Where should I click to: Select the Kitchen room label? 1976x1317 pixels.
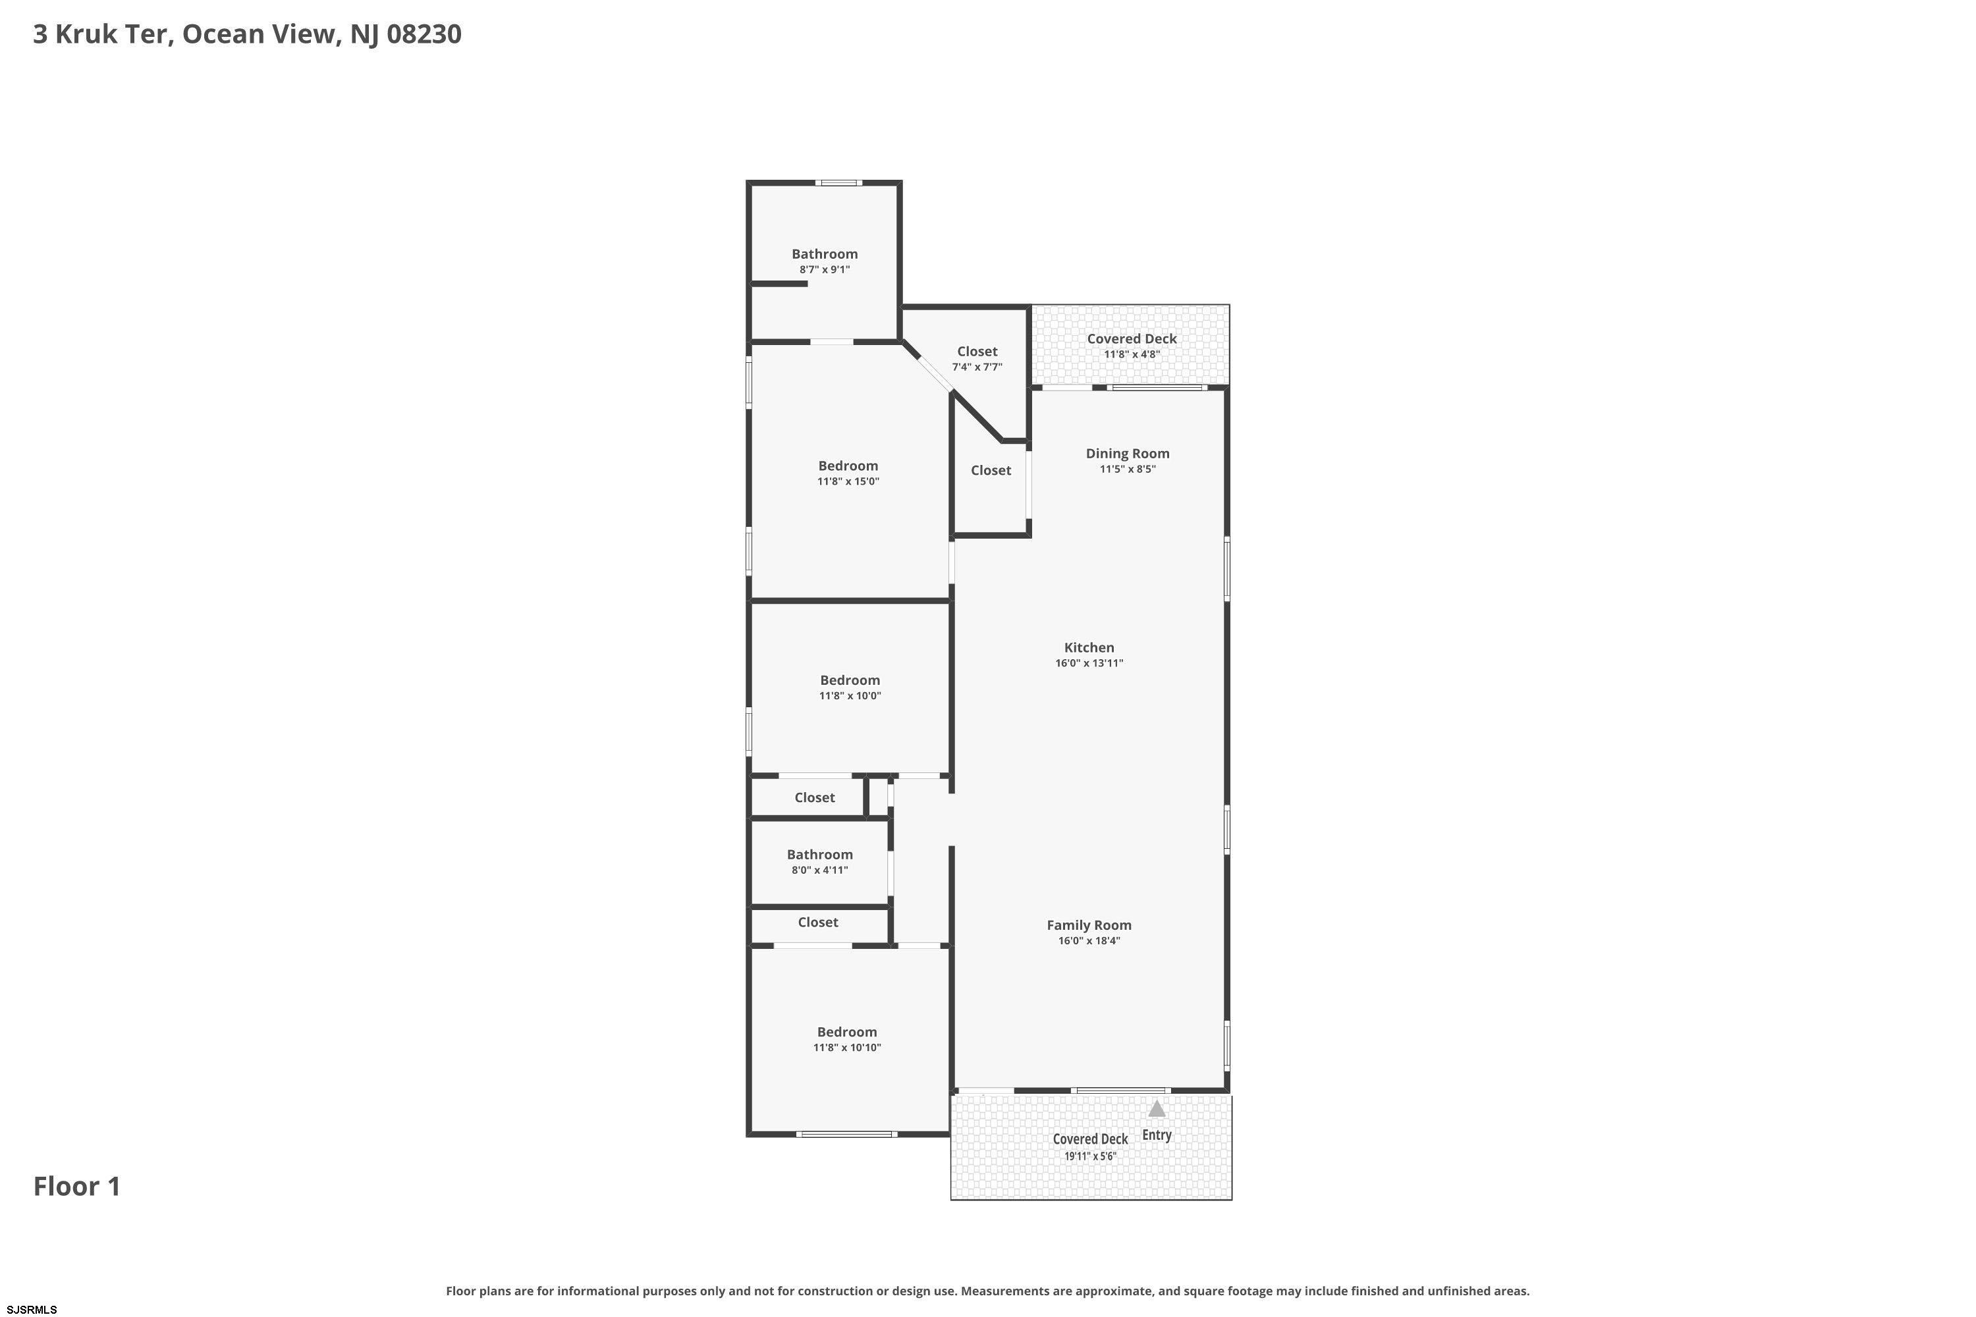coord(1089,647)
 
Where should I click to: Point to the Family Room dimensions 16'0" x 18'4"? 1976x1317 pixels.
coord(1089,941)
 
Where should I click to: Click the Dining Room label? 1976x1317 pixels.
coord(1128,454)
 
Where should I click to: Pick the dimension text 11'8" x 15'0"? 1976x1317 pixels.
coord(848,481)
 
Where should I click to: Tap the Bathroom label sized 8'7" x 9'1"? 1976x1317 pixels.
coord(825,254)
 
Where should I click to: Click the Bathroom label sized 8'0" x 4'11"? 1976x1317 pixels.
coord(820,854)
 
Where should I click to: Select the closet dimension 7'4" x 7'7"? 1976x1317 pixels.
coord(977,367)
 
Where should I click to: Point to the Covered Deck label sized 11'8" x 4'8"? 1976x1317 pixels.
coord(1132,338)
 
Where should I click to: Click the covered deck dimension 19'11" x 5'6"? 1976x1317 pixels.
coord(1091,1156)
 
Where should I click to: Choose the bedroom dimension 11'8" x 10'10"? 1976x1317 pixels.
coord(847,1048)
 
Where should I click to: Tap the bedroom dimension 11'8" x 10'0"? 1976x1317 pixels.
coord(850,695)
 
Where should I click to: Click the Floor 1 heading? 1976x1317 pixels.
coord(77,1187)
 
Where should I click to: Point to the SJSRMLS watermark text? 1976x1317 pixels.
coord(32,1310)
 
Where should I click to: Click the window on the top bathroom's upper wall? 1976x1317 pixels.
coord(838,183)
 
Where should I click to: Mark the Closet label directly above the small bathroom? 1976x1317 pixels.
coord(815,798)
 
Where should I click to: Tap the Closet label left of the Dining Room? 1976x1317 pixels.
coord(991,470)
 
